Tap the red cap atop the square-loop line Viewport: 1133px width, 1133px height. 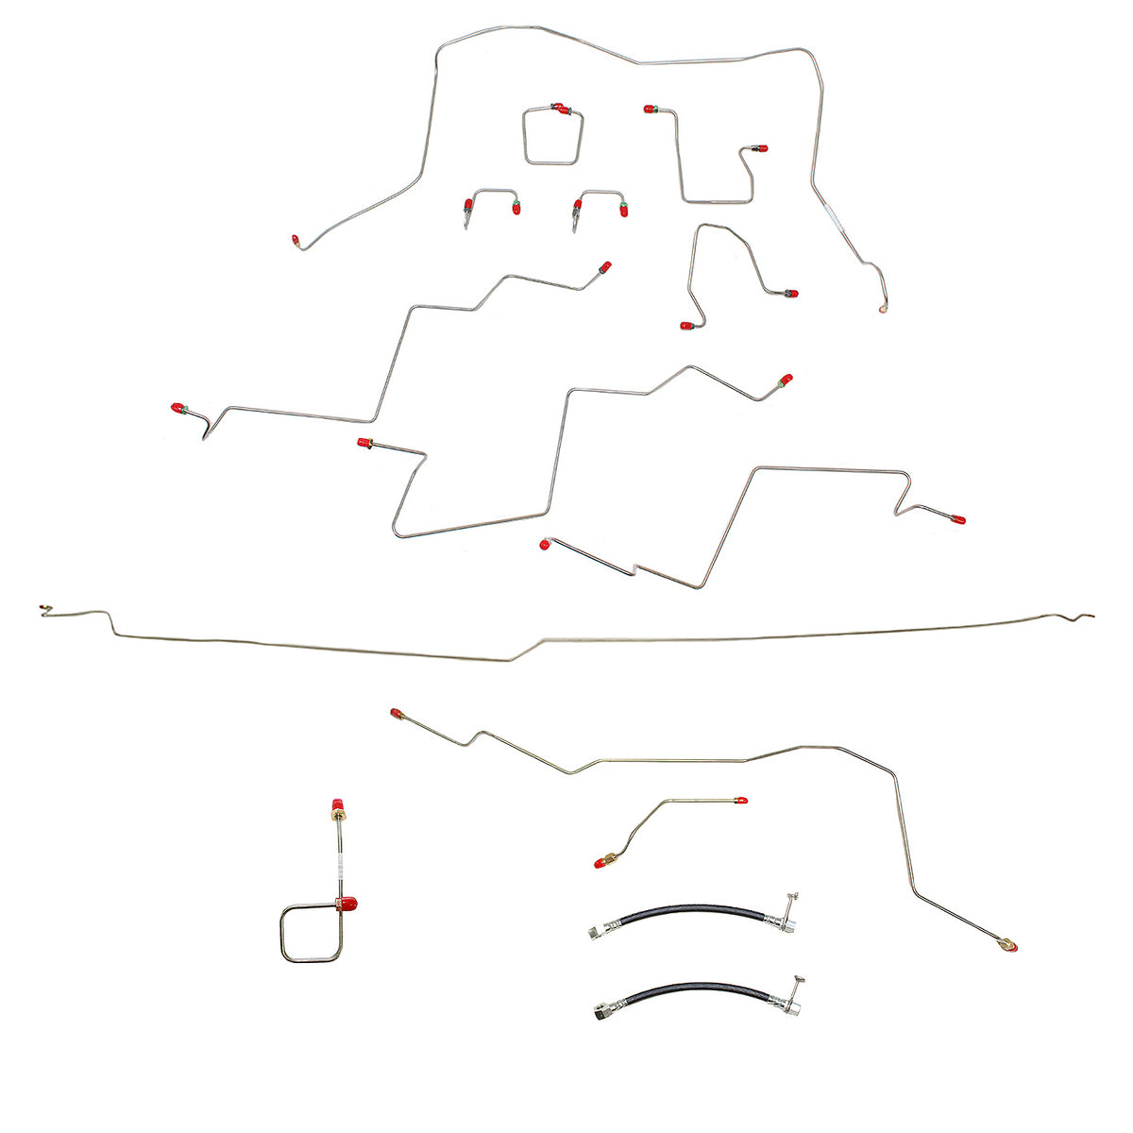coord(335,808)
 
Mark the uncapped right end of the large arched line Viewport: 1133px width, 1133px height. coord(883,308)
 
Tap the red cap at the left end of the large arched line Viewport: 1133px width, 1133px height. coord(296,241)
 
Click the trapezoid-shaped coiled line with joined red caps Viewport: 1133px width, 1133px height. coord(552,137)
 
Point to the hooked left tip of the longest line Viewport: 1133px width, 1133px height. coord(43,611)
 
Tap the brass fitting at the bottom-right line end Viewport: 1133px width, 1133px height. coord(1010,943)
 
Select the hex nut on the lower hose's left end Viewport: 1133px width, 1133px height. coord(601,1008)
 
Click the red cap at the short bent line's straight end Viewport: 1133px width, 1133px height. coord(742,801)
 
